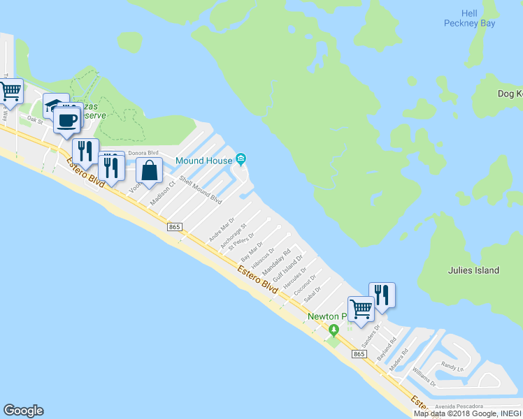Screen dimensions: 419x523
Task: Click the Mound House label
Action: (x=203, y=161)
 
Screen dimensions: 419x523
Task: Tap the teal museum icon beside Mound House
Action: (x=241, y=161)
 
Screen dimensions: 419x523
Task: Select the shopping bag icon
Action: (x=149, y=170)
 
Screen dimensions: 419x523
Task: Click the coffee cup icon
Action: (x=66, y=119)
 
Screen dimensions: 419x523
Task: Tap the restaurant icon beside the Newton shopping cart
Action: (x=382, y=294)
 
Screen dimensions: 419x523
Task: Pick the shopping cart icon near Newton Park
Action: (x=361, y=308)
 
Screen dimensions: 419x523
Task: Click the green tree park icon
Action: (x=335, y=330)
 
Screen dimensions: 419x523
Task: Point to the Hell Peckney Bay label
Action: (x=469, y=18)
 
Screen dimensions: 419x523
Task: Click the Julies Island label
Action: (x=474, y=270)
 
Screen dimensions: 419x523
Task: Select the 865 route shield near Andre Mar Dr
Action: (x=175, y=227)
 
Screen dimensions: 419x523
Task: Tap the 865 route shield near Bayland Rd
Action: (x=359, y=355)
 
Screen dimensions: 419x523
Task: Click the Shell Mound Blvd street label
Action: (x=201, y=189)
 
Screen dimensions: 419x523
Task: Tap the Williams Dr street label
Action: (x=424, y=376)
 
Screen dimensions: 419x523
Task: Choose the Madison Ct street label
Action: (x=162, y=193)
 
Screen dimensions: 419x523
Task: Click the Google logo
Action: (x=23, y=411)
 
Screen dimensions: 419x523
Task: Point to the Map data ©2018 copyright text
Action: (x=441, y=413)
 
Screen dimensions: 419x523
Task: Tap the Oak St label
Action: (x=35, y=119)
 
